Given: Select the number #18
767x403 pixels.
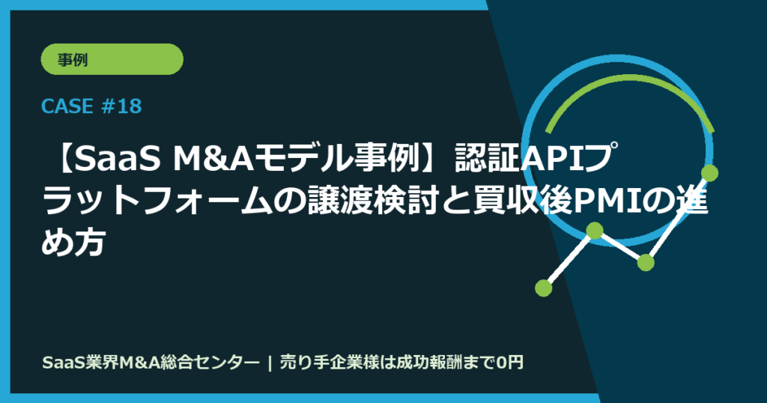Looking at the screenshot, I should click(120, 107).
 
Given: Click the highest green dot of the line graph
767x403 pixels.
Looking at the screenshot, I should click(709, 173).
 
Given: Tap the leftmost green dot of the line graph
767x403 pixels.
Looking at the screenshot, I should click(544, 287).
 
